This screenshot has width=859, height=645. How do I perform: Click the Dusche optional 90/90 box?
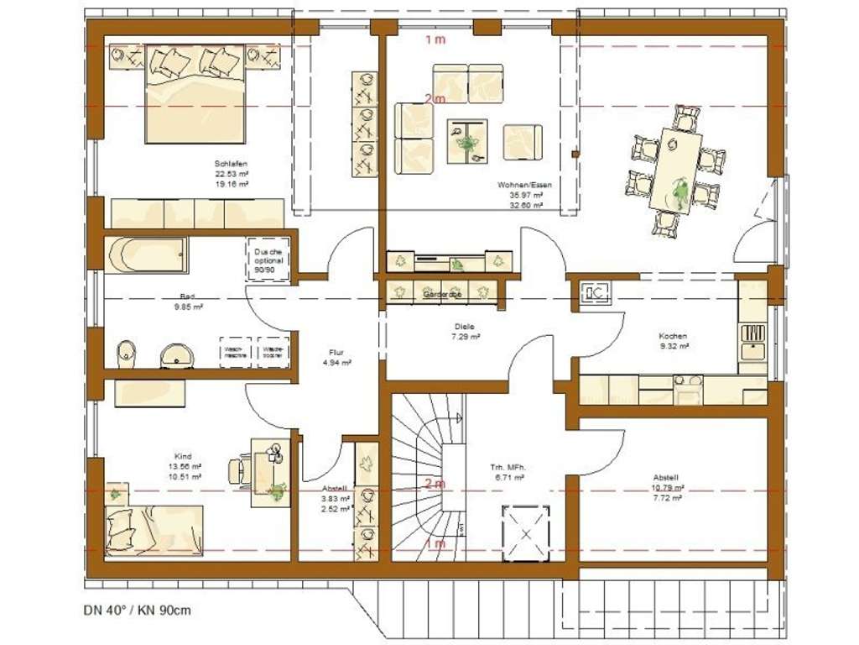tap(269, 260)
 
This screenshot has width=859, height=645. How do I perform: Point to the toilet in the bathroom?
tap(126, 354)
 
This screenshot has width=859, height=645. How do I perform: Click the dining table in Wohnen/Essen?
tap(676, 170)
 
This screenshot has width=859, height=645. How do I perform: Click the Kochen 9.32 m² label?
tap(674, 340)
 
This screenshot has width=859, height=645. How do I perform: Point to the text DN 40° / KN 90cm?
tap(137, 610)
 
